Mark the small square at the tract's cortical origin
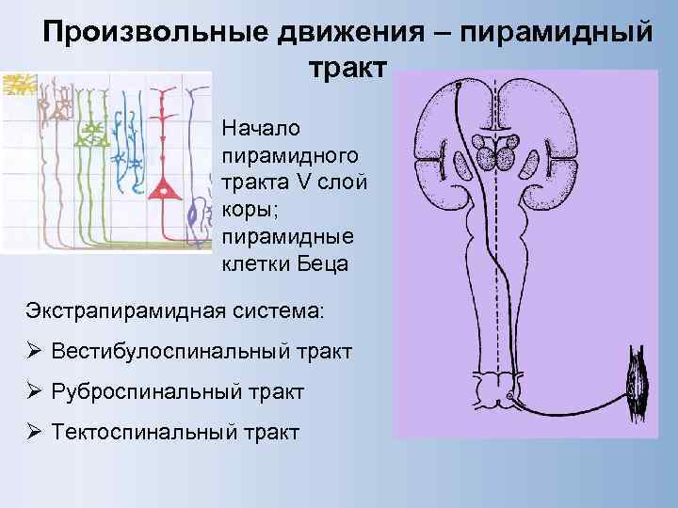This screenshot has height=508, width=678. click(x=459, y=85)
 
